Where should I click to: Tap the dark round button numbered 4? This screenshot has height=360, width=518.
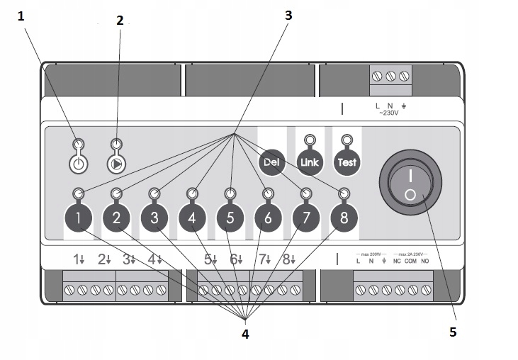(x=192, y=218)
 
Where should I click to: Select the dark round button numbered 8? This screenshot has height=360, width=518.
(x=344, y=218)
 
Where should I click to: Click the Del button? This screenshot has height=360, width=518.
(x=270, y=162)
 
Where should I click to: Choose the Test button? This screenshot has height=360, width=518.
(x=347, y=162)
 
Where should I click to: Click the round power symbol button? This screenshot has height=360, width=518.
(x=79, y=164)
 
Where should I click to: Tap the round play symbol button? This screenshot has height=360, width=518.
(x=116, y=164)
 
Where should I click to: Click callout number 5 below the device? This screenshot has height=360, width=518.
(x=453, y=331)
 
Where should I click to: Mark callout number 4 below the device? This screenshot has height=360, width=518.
(x=245, y=333)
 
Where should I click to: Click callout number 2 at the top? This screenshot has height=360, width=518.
(x=120, y=21)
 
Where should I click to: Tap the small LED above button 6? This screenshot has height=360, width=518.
(x=268, y=193)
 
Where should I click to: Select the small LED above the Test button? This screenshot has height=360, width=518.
(x=347, y=140)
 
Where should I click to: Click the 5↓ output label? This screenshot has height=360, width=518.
(x=210, y=260)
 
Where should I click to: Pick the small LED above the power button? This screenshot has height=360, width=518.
(x=79, y=143)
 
